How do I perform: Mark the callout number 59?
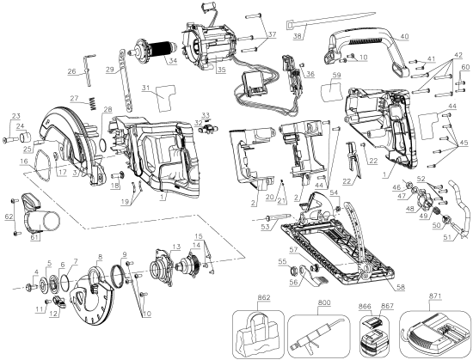(338, 77)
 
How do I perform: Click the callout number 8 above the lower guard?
(101, 256)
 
